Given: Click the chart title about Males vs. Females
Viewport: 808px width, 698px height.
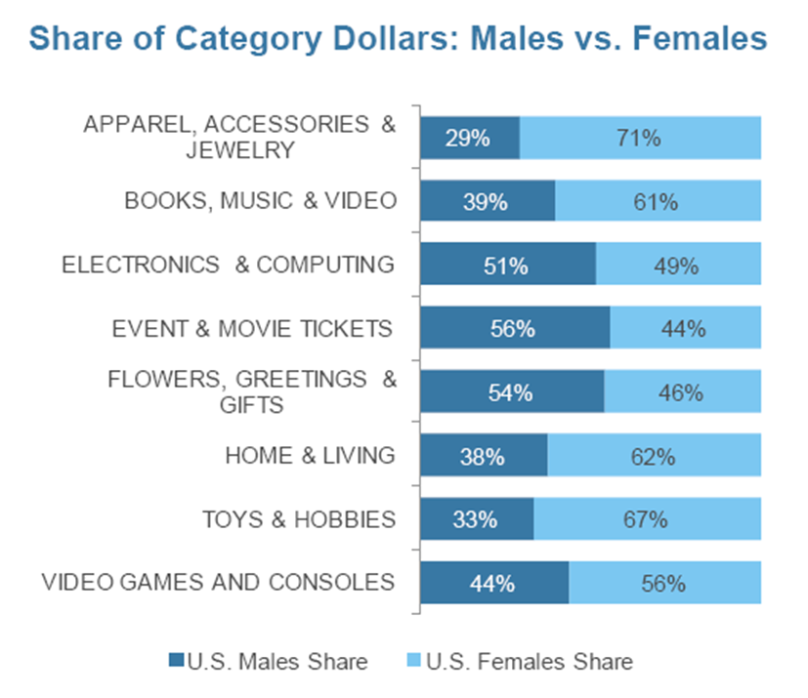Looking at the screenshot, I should [x=397, y=40].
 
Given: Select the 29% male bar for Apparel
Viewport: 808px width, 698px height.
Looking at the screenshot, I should [x=469, y=138].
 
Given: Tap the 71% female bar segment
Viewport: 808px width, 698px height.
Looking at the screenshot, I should [x=640, y=138].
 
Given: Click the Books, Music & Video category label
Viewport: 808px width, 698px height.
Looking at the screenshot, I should [x=260, y=201].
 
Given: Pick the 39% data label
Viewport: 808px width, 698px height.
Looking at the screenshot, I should [x=486, y=202].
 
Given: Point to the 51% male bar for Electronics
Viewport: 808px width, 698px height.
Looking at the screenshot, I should [x=507, y=266].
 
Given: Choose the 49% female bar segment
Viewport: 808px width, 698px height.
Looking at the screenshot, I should [x=678, y=266].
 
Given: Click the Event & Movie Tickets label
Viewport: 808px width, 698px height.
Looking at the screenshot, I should [x=253, y=329].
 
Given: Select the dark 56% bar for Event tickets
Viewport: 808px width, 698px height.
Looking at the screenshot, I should [x=514, y=329].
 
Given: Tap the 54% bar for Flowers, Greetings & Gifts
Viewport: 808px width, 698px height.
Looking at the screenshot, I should [x=511, y=392].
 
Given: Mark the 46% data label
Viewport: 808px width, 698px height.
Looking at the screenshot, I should [x=681, y=392].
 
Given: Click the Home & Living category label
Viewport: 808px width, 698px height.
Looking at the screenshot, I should [x=310, y=456].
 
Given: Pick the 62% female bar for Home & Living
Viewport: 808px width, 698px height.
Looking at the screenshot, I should [x=654, y=456].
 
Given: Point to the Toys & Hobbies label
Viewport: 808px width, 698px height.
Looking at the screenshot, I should [x=299, y=519].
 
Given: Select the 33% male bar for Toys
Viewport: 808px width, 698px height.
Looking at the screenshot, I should [x=477, y=519].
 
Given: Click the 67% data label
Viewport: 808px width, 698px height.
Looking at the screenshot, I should [x=645, y=519].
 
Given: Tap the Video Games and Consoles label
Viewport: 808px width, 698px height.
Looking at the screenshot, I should [x=219, y=583].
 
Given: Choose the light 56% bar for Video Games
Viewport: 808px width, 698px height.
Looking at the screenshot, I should [x=664, y=583].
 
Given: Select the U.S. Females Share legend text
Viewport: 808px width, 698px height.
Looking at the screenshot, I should [x=534, y=661].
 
